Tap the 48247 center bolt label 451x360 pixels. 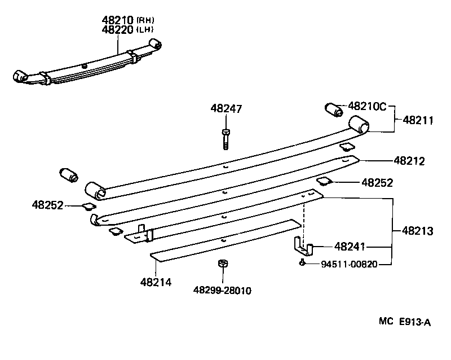click(226, 108)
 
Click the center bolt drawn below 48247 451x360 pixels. click(225, 138)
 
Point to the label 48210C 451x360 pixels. click(367, 106)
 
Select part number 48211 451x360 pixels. click(418, 120)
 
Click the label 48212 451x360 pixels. click(409, 161)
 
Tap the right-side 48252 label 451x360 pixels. click(377, 182)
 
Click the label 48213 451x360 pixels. click(418, 230)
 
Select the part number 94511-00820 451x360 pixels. click(349, 264)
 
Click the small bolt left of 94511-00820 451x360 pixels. click(303, 262)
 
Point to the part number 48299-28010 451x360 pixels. click(222, 291)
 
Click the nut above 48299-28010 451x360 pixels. click(222, 264)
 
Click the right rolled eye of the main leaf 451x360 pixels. click(358, 125)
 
